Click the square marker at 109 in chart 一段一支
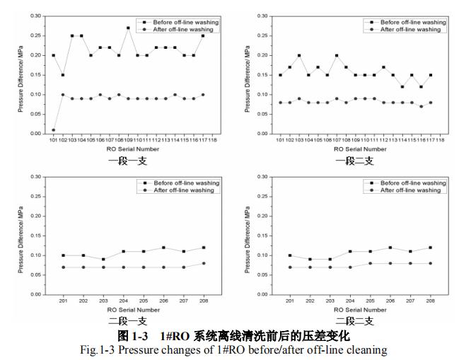click(128, 28)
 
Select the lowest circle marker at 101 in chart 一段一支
click(54, 129)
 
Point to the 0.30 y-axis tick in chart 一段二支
click(261, 16)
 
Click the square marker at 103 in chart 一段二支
click(299, 55)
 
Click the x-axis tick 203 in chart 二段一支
click(103, 300)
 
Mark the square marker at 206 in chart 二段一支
click(163, 248)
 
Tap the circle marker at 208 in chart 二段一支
click(204, 263)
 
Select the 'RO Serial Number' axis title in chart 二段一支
click(133, 309)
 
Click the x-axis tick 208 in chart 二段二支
click(430, 300)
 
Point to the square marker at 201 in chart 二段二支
click(289, 255)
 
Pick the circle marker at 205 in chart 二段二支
click(370, 263)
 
